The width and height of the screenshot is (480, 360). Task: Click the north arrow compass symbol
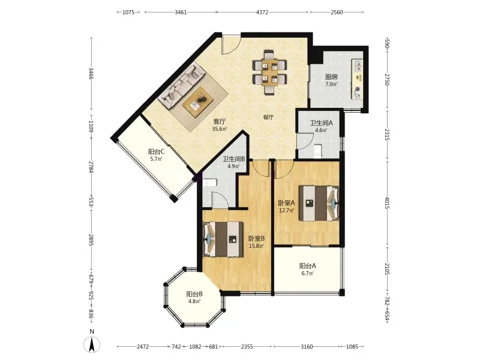(92, 344)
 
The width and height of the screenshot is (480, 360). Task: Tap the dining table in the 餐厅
(269, 72)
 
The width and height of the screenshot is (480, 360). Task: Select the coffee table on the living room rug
(198, 101)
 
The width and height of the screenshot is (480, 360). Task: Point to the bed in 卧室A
(319, 203)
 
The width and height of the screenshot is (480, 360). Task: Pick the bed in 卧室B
(223, 239)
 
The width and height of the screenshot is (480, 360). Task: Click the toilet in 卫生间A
(319, 151)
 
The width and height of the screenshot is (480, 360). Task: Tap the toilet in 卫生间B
(210, 183)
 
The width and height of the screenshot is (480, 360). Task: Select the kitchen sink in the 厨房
(357, 65)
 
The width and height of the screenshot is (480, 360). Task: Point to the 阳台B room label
(194, 294)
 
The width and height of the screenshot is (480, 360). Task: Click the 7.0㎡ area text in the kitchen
(331, 84)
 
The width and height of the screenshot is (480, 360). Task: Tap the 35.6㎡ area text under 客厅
(220, 129)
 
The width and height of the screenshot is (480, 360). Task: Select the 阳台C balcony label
(157, 151)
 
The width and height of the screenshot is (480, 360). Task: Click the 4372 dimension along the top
(262, 12)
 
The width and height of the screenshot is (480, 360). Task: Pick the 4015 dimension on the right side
(387, 203)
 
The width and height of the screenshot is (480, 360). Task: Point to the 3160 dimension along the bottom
(307, 347)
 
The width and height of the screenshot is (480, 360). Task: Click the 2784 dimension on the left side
(91, 167)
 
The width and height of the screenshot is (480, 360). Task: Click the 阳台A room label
(308, 266)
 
